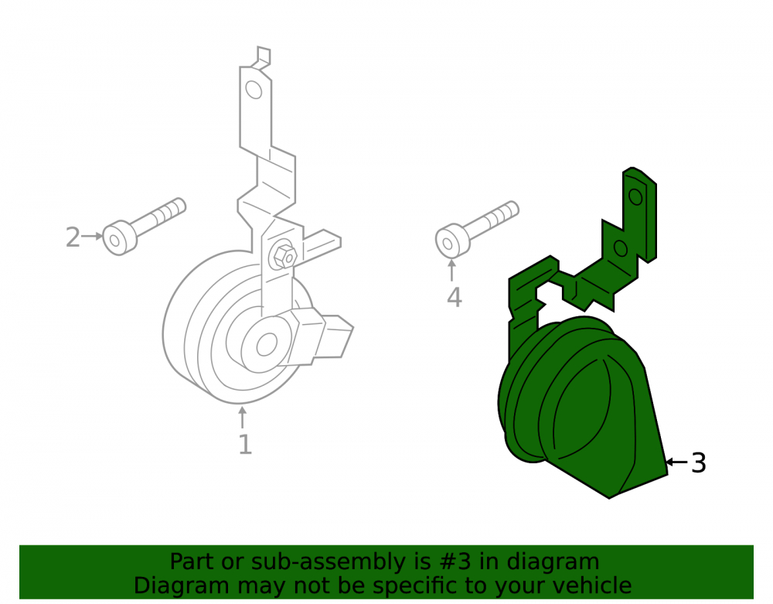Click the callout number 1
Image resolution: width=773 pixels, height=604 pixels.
click(245, 444)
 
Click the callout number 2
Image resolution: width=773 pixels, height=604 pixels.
click(73, 237)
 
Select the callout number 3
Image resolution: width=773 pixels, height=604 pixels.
click(699, 463)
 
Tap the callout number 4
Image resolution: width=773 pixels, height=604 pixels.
click(454, 297)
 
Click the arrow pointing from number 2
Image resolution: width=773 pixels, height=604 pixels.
click(92, 236)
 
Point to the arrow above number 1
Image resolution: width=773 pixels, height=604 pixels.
click(242, 417)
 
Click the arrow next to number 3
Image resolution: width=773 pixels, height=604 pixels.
click(677, 462)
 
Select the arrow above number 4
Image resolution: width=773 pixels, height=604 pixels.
click(451, 270)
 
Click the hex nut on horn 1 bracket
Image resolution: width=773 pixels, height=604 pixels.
click(285, 257)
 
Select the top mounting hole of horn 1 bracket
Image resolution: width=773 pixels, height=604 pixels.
click(254, 90)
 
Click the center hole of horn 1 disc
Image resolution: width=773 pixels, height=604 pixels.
click(267, 343)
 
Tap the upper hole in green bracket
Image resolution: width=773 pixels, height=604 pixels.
click(636, 196)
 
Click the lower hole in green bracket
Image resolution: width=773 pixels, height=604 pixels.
click(621, 248)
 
